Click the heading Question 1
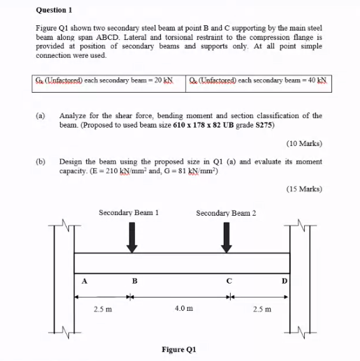[x=55, y=10]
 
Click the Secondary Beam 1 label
[x=129, y=213]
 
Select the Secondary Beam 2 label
[x=226, y=213]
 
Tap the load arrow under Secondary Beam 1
[x=131, y=238]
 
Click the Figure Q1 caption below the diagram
[x=180, y=350]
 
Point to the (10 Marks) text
[x=304, y=143]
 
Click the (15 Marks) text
[x=304, y=188]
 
